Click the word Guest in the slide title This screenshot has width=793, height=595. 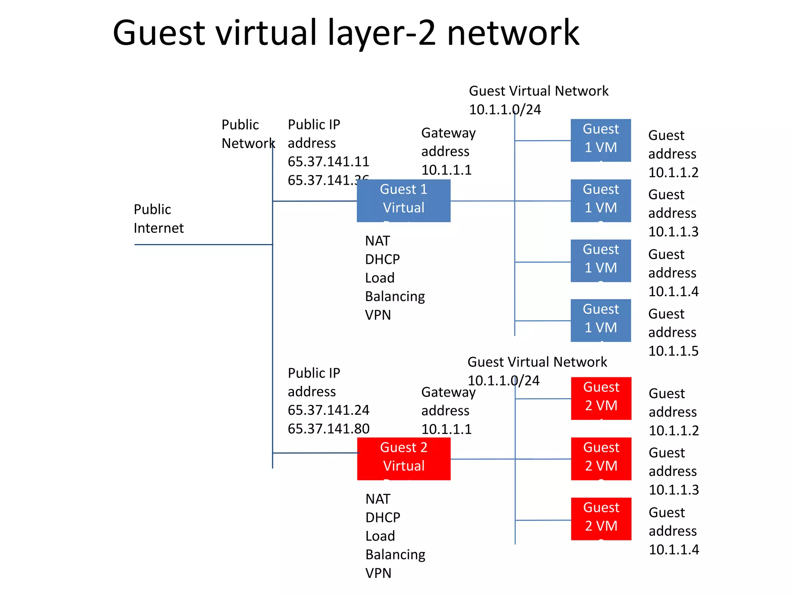click(158, 33)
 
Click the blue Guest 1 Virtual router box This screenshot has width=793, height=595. click(403, 200)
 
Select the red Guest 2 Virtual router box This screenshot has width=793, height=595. click(403, 459)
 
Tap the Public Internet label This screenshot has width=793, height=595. click(158, 218)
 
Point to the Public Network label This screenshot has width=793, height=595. click(248, 134)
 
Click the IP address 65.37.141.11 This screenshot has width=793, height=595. click(328, 162)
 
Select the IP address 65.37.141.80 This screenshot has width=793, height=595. click(328, 428)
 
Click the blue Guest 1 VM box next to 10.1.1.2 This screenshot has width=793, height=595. click(601, 140)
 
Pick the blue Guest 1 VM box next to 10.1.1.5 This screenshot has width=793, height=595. click(601, 320)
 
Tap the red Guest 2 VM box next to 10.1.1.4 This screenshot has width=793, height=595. click(601, 519)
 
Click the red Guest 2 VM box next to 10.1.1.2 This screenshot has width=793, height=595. click(601, 398)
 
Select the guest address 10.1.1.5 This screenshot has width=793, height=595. click(673, 351)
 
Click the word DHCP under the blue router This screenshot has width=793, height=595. click(382, 259)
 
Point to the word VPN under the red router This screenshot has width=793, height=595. click(378, 573)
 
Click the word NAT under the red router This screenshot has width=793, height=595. click(378, 499)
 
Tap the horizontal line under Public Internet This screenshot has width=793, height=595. click(203, 244)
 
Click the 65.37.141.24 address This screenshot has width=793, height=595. click(328, 410)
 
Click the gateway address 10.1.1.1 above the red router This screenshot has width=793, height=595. click(446, 429)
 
